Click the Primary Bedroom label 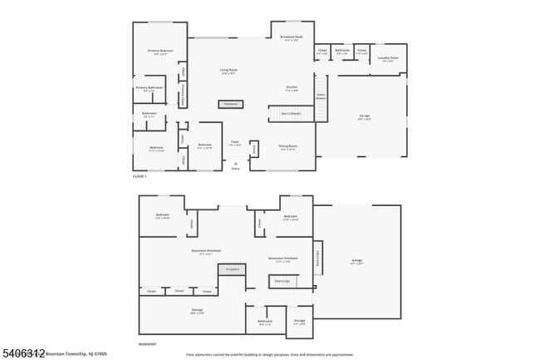pyautogui.click(x=160, y=52)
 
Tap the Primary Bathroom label pyautogui.click(x=150, y=88)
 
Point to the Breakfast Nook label pyautogui.click(x=292, y=38)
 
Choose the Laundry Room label pyautogui.click(x=388, y=58)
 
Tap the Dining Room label pyautogui.click(x=287, y=147)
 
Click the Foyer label pyautogui.click(x=235, y=144)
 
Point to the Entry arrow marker pyautogui.click(x=235, y=164)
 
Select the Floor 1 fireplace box pyautogui.click(x=231, y=104)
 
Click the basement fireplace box pyautogui.click(x=233, y=269)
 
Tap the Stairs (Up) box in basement pyautogui.click(x=282, y=282)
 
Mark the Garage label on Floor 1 pyautogui.click(x=364, y=117)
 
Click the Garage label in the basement pyautogui.click(x=356, y=261)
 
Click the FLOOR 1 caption pyautogui.click(x=140, y=176)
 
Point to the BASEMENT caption pyautogui.click(x=146, y=343)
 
